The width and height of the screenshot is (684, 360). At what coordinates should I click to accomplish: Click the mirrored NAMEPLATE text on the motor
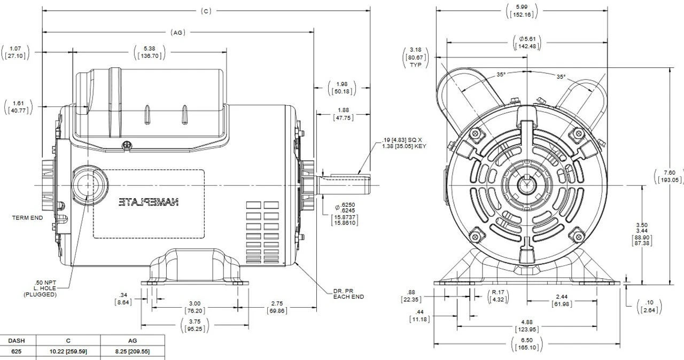pos(149,202)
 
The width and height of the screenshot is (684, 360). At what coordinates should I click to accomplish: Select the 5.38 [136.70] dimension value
pos(149,52)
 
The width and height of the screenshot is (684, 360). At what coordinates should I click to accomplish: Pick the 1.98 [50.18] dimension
pos(342,88)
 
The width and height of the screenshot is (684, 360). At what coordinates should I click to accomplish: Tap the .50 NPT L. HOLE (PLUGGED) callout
pos(39,288)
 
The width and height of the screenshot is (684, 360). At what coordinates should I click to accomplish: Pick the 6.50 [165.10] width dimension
pos(519,344)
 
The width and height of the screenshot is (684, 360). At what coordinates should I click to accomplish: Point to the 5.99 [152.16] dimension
pos(520,10)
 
